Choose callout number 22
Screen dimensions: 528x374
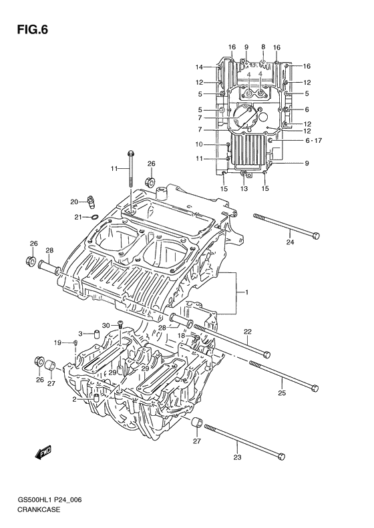(247, 332)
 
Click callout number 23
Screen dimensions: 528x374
(238, 457)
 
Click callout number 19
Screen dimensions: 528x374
(58, 342)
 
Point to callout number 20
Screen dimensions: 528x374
(75, 200)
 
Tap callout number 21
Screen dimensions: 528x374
(78, 217)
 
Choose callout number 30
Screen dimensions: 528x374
(105, 325)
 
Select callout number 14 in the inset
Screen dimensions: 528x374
(199, 67)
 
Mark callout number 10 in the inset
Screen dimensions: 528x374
(199, 144)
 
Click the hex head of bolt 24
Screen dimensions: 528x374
(317, 235)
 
